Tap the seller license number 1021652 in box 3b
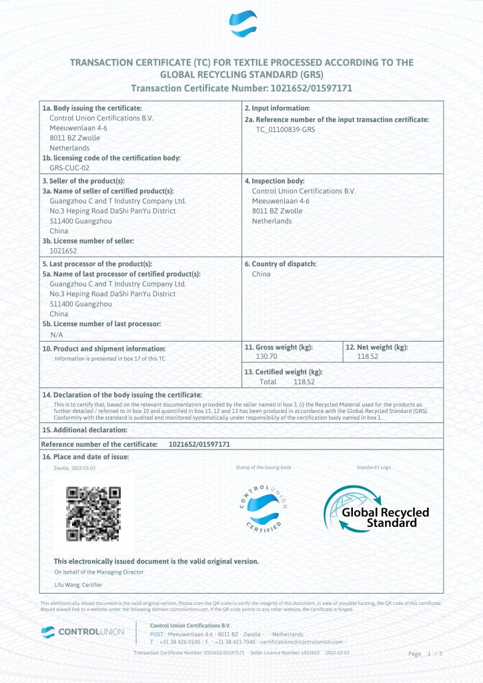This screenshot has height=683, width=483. pos(63,251)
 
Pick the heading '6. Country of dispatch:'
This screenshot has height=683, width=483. pos(280,263)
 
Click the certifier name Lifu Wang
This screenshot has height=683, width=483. pos(78,585)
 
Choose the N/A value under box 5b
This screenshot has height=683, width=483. pos(56,333)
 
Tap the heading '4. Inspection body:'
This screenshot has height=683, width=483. pos(274,181)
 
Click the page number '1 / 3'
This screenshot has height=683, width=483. pos(434,654)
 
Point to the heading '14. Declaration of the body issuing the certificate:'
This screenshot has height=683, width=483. pos(122,395)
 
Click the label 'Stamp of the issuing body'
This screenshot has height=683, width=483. pos(264,468)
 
